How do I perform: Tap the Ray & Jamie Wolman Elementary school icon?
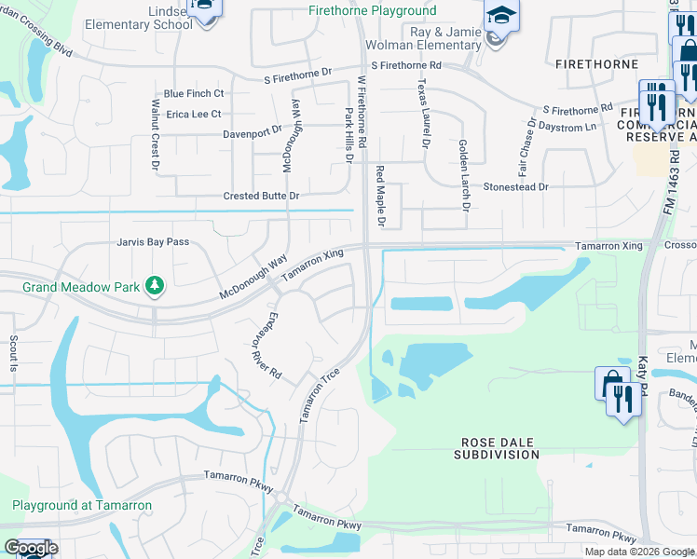(x=500, y=17)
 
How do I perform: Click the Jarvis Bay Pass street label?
(x=153, y=242)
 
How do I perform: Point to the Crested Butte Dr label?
(x=261, y=197)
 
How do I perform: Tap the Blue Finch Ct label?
(x=194, y=94)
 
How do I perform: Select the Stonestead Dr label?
(x=515, y=186)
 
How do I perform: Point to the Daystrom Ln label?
(x=563, y=128)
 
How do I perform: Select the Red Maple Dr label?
(x=380, y=196)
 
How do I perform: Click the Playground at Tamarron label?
(x=82, y=505)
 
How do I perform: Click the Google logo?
(x=30, y=548)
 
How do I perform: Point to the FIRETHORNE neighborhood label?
(x=596, y=64)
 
